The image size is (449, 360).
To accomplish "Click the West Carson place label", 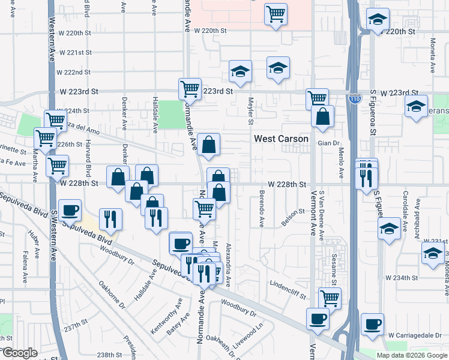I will (x=281, y=139).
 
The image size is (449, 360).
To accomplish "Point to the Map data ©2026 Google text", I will (x=412, y=355).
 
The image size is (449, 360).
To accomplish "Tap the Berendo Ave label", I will (x=262, y=210).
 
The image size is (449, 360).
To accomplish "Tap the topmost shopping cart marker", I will (x=276, y=13).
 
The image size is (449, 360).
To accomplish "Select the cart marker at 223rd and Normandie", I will (x=190, y=89).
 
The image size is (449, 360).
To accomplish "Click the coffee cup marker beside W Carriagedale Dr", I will (x=373, y=325).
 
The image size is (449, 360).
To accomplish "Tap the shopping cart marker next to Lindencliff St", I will (x=329, y=298).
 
